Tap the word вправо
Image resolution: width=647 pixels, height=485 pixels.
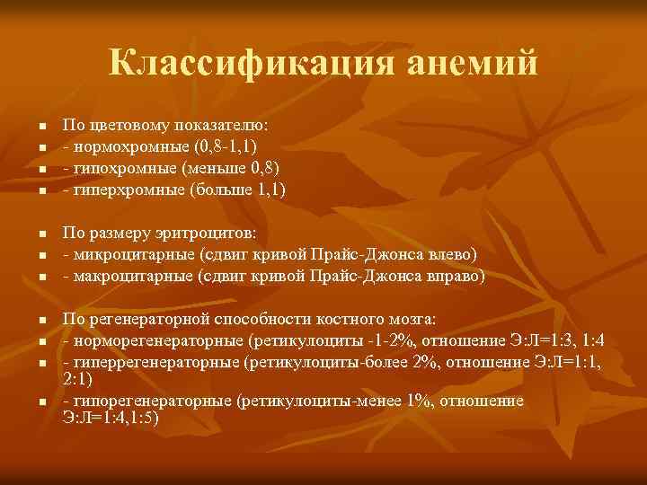[x=459, y=278]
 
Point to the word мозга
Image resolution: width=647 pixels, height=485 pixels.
[x=411, y=319]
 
